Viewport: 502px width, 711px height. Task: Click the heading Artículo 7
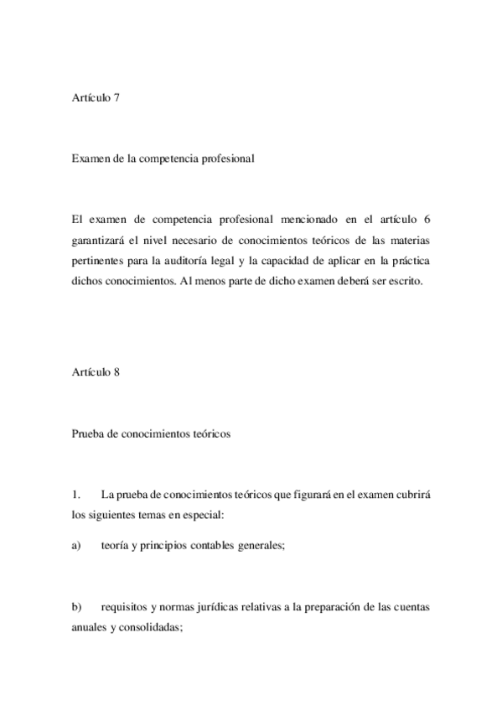pyautogui.click(x=96, y=98)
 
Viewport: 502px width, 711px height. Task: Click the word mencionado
pyautogui.click(x=317, y=221)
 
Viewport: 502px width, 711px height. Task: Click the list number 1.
pyautogui.click(x=76, y=489)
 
